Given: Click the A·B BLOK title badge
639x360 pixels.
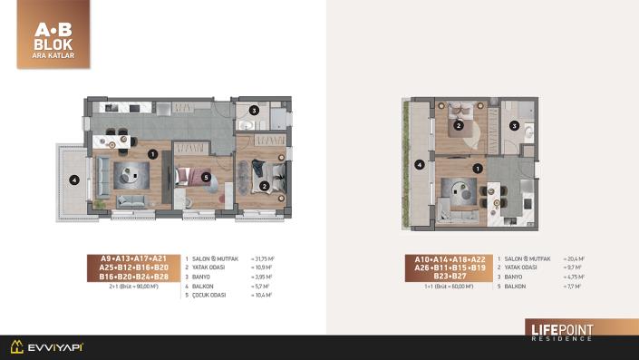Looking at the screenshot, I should click(53, 34).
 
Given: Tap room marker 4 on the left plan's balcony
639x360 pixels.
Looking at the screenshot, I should click(75, 179).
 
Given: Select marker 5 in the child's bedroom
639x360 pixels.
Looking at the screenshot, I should click(207, 177).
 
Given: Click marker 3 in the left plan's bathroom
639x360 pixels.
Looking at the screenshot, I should click(255, 112).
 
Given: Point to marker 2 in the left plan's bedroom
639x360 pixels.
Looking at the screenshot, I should click(263, 187).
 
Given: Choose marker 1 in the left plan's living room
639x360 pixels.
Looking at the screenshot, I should click(153, 154).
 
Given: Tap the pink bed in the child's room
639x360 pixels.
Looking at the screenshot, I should click(190, 178).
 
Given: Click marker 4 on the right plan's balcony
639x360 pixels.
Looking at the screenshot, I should click(418, 165).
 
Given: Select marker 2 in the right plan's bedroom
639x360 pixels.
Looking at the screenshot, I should click(460, 126).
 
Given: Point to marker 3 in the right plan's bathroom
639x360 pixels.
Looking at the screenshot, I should click(514, 126).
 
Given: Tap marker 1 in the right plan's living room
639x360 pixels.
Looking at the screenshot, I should click(478, 168).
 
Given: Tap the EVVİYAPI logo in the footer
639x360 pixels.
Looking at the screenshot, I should click(46, 346).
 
